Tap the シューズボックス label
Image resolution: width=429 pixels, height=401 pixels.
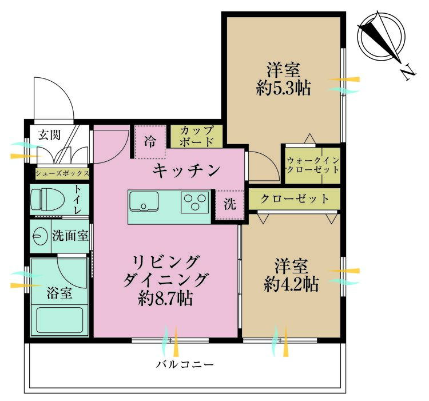pyautogui.click(x=62, y=173)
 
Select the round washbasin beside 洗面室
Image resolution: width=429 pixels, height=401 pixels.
pyautogui.click(x=39, y=236)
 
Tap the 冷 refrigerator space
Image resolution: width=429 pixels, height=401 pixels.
pyautogui.click(x=149, y=140)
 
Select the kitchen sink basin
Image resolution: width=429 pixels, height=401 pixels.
pyautogui.click(x=144, y=202)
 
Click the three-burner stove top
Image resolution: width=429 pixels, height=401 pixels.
pyautogui.click(x=195, y=202)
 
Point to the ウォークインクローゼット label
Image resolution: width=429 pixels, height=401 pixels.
pyautogui.click(x=312, y=165)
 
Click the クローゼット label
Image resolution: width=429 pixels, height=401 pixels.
pyautogui.click(x=295, y=199)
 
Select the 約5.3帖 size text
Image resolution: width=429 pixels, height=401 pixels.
pyautogui.click(x=284, y=89)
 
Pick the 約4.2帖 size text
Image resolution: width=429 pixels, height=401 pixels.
pyautogui.click(x=291, y=284)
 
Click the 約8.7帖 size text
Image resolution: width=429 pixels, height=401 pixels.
pyautogui.click(x=165, y=298)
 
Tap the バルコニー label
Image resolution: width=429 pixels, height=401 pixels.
pyautogui.click(x=185, y=364)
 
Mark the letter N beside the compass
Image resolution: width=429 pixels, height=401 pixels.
pyautogui.click(x=407, y=72)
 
